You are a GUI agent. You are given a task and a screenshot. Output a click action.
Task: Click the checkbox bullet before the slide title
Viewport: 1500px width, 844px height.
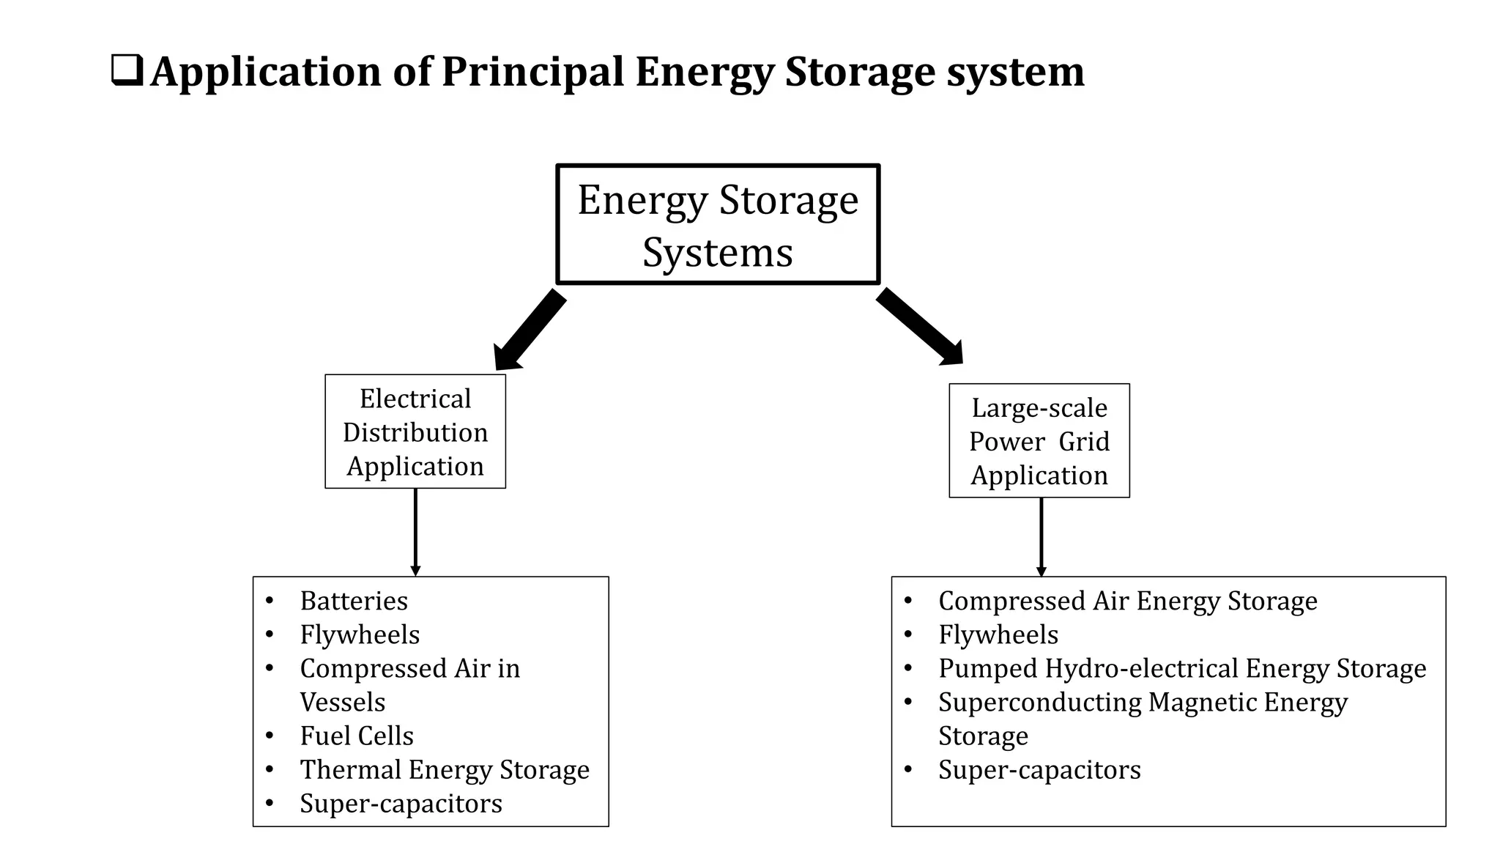pyautogui.click(x=127, y=72)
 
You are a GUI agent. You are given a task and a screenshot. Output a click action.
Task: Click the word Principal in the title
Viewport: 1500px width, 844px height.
pyautogui.click(x=532, y=72)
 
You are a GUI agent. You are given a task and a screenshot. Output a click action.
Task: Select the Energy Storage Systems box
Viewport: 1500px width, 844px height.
pyautogui.click(x=717, y=224)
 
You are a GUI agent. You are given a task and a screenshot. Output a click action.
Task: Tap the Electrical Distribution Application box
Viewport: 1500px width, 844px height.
pyautogui.click(x=415, y=432)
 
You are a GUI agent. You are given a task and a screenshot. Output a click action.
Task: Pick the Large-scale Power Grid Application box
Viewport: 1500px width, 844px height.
pyautogui.click(x=1039, y=441)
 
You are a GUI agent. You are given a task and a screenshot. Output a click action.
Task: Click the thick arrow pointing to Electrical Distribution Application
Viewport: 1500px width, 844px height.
pyautogui.click(x=530, y=330)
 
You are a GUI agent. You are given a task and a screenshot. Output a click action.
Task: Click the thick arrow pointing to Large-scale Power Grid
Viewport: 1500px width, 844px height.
pyautogui.click(x=920, y=326)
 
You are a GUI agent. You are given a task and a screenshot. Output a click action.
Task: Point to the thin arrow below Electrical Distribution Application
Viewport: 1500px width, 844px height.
pyautogui.click(x=415, y=533)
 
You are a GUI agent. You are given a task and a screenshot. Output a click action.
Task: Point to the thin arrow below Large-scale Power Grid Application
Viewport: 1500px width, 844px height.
pyautogui.click(x=1041, y=537)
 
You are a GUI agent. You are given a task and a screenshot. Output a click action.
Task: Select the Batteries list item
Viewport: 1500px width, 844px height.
pyautogui.click(x=354, y=601)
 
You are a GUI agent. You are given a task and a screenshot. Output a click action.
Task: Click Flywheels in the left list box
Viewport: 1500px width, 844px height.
pyautogui.click(x=360, y=634)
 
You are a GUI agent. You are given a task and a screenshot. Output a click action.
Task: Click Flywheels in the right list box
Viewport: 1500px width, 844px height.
pyautogui.click(x=998, y=634)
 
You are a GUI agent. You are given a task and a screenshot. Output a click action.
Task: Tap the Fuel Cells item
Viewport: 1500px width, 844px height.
pyautogui.click(x=357, y=736)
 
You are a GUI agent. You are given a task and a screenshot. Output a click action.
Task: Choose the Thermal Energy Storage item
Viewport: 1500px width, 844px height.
pyautogui.click(x=445, y=769)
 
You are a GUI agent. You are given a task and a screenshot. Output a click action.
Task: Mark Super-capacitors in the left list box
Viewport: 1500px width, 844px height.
pyautogui.click(x=401, y=804)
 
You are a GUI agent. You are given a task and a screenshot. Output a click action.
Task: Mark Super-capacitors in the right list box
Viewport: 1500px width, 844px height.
pyautogui.click(x=1039, y=770)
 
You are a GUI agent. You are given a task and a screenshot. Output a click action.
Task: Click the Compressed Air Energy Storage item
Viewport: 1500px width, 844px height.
pyautogui.click(x=1128, y=601)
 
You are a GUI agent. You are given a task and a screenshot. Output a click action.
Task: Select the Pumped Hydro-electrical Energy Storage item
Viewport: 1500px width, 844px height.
pyautogui.click(x=1182, y=668)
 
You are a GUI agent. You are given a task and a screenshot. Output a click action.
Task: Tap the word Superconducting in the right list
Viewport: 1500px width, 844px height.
pyautogui.click(x=1040, y=702)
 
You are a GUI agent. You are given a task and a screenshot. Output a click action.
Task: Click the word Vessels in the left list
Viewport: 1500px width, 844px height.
pyautogui.click(x=342, y=702)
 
